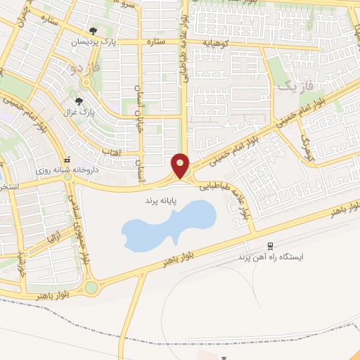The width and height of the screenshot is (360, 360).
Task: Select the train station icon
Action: click(x=270, y=245)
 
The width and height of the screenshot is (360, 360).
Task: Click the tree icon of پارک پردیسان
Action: click(x=94, y=31)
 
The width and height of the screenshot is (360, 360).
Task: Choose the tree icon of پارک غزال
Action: click(x=87, y=101)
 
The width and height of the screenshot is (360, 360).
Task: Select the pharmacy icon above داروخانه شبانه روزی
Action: click(x=68, y=160)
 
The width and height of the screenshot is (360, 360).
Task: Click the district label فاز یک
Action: click(x=289, y=87)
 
